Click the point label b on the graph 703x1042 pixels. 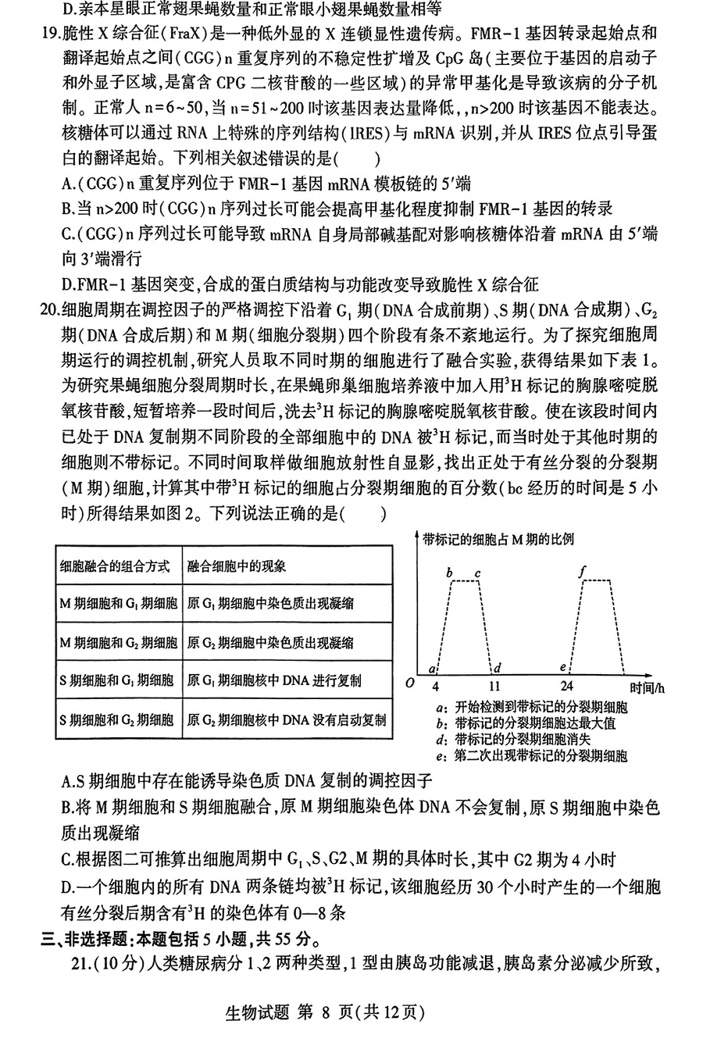pyautogui.click(x=449, y=573)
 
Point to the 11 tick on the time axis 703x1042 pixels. pyautogui.click(x=494, y=687)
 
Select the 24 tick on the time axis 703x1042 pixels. pyautogui.click(x=567, y=687)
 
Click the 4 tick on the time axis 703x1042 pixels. pyautogui.click(x=436, y=687)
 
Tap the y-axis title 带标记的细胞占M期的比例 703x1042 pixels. pyautogui.click(x=498, y=539)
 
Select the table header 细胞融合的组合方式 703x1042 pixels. pyautogui.click(x=115, y=566)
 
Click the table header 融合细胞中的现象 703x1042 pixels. pyautogui.click(x=237, y=566)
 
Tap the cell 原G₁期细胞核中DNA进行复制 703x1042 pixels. pyautogui.click(x=274, y=680)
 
